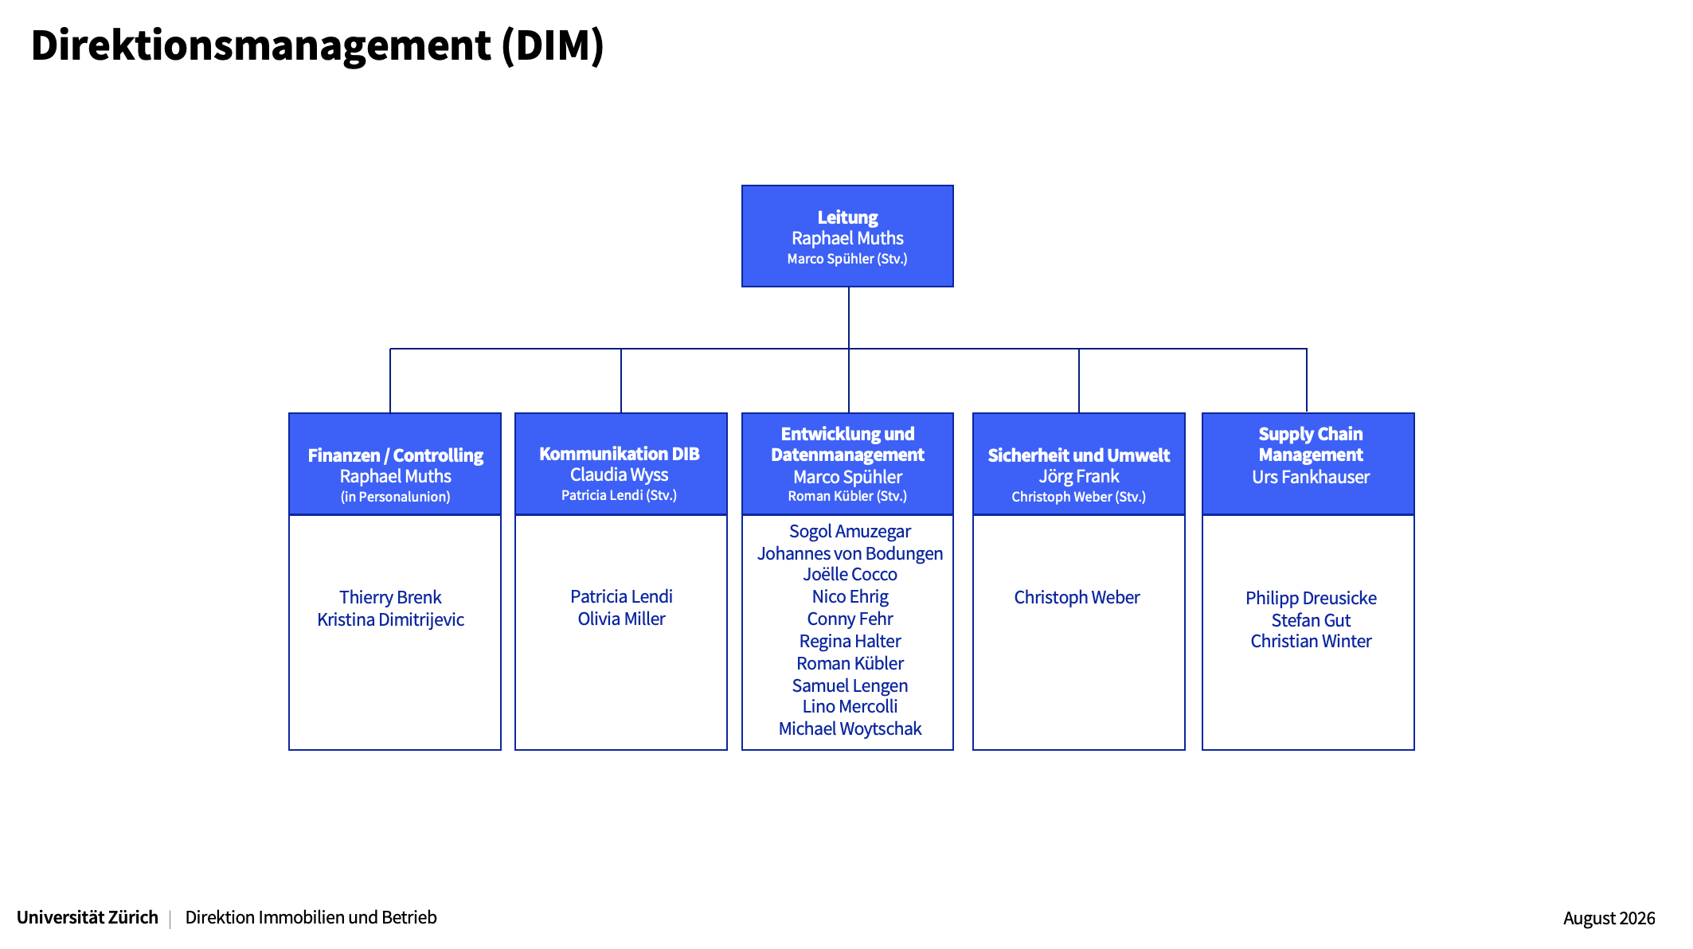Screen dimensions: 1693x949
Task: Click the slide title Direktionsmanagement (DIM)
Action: (x=317, y=45)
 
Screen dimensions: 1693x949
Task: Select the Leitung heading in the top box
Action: (x=847, y=217)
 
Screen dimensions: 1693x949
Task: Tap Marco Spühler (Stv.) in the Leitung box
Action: (x=847, y=259)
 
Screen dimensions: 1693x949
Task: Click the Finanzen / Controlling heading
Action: (x=395, y=455)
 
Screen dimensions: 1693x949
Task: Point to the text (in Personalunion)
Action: (x=395, y=497)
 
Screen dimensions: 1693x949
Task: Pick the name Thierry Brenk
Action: (x=390, y=597)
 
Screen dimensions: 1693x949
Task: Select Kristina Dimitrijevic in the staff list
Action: (x=390, y=619)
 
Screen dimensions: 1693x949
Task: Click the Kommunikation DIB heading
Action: (x=620, y=454)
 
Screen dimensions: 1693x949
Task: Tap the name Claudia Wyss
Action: (x=620, y=475)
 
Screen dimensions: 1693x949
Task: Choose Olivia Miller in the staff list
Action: (x=621, y=619)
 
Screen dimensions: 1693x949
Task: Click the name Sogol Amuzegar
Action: (x=850, y=532)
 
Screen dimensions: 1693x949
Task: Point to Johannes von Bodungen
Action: (x=850, y=553)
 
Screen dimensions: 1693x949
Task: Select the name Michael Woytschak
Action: (x=850, y=729)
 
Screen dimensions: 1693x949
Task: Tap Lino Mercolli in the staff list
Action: (x=850, y=706)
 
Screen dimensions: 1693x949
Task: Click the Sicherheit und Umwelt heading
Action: (x=1079, y=455)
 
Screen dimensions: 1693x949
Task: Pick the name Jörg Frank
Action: (x=1079, y=477)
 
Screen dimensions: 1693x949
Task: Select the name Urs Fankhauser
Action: (x=1311, y=477)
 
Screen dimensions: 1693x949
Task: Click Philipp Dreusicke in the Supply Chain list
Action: (x=1311, y=599)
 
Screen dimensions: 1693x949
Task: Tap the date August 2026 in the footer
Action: (x=1609, y=919)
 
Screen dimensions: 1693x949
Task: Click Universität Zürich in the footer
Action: (x=88, y=917)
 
